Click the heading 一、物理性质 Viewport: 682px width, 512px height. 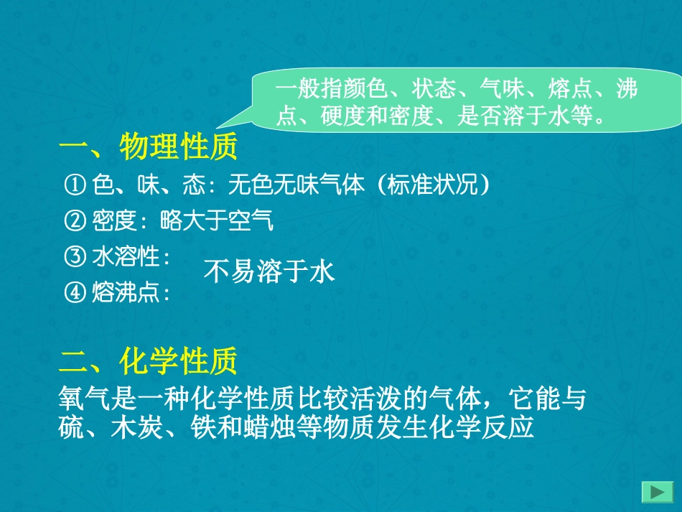click(147, 149)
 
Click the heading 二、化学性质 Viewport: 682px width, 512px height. click(147, 362)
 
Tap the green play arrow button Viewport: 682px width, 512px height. click(656, 493)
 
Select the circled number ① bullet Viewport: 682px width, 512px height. click(75, 186)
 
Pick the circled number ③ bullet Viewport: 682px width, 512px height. click(75, 256)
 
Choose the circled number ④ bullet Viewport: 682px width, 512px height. click(75, 292)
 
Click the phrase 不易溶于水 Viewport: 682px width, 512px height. click(269, 272)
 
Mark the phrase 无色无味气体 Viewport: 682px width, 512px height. click(296, 186)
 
